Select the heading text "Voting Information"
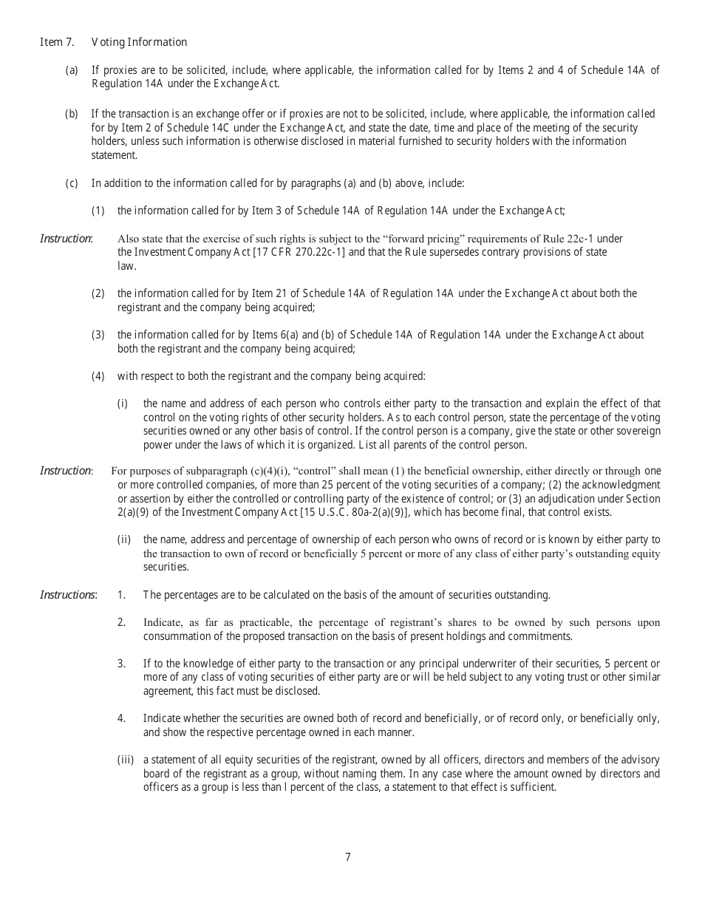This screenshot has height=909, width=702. point(139,42)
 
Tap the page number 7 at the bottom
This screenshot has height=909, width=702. point(348,857)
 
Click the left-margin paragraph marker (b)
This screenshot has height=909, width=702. point(72,114)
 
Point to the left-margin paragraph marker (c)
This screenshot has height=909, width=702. point(72,183)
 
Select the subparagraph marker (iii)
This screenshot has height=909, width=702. point(125,760)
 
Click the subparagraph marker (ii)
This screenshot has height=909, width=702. point(124,539)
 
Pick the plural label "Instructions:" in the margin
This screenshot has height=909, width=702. point(67,595)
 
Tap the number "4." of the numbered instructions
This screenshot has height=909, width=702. point(121,718)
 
